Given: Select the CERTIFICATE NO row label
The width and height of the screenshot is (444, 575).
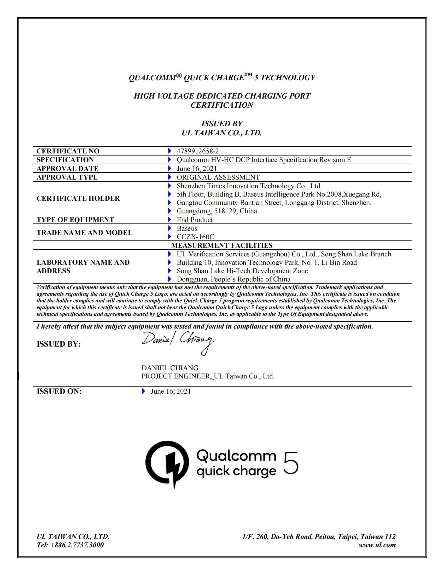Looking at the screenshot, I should [x=68, y=151].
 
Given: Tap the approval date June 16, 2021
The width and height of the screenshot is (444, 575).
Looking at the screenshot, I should [x=197, y=169].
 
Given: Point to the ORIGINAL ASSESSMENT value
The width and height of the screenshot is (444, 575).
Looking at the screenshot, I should [x=218, y=177].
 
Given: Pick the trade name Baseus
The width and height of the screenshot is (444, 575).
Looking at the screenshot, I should [x=187, y=228].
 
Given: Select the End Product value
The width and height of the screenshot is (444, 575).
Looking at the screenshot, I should [x=195, y=220].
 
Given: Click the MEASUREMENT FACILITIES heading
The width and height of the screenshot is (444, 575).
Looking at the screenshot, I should [x=222, y=245].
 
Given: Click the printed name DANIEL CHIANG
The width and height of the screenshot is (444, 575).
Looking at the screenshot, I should [x=170, y=368].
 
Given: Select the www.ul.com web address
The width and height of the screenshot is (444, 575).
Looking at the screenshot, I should [x=377, y=545].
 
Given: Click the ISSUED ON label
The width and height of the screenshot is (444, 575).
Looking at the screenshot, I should [x=59, y=392].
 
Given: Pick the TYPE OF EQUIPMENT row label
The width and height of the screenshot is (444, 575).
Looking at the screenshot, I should [x=75, y=220].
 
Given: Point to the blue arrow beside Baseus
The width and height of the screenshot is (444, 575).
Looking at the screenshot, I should [x=170, y=228].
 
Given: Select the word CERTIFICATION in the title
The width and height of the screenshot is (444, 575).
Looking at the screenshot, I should [x=222, y=105].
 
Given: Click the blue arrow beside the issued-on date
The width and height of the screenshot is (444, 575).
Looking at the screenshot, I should [x=143, y=391].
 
